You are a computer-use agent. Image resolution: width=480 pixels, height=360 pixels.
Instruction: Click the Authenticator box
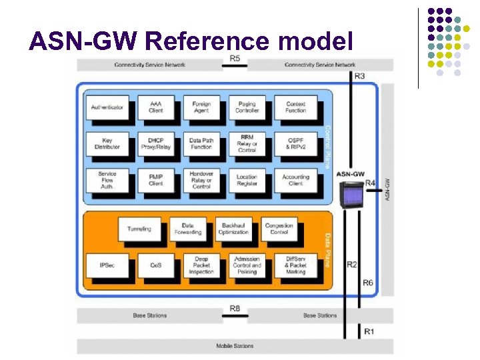pos(107,107)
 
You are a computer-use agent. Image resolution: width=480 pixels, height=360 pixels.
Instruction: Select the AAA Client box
pos(155,107)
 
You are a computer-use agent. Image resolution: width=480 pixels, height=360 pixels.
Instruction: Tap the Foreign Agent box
pos(201,107)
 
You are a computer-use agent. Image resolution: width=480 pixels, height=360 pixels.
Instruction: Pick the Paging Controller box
pos(247,107)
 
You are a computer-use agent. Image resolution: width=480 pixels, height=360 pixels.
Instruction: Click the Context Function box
pos(295,107)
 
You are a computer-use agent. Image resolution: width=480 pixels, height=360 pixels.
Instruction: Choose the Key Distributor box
pos(107,143)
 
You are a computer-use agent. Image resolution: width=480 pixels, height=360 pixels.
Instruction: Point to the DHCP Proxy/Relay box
pos(155,143)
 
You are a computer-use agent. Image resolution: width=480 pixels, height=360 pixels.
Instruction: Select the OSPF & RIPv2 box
pos(295,143)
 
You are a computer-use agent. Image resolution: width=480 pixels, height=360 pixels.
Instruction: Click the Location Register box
pos(247,180)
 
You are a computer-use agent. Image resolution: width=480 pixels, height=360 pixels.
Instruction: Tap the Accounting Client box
pos(295,180)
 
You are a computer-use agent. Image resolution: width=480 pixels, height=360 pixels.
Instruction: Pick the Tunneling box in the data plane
pos(139,229)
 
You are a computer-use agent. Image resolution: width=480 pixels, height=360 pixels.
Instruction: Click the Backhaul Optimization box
pos(233,229)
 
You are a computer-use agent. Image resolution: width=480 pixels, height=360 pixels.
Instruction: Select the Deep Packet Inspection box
pos(201,265)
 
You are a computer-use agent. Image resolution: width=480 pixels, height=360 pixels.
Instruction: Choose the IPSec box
pos(107,265)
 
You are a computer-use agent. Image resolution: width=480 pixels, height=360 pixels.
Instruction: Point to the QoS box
pos(155,265)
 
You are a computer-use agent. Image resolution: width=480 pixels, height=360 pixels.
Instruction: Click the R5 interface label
pos(235,59)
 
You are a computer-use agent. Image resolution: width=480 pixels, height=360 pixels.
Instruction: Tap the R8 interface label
pos(235,308)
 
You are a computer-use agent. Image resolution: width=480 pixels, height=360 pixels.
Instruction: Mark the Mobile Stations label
pos(234,346)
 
